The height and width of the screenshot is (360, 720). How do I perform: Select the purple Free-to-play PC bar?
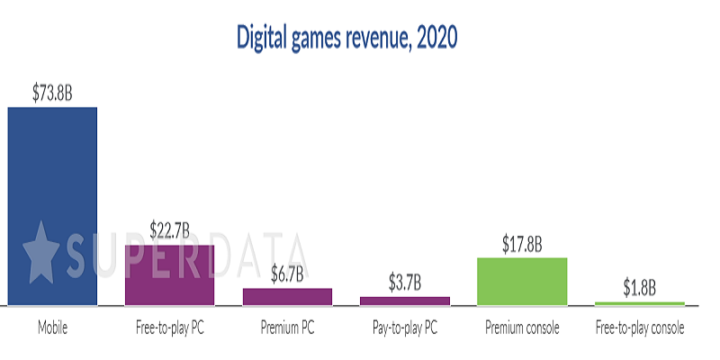[x=169, y=274]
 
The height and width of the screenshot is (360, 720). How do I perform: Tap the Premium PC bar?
[x=287, y=296]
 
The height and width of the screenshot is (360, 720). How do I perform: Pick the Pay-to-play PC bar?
[x=405, y=301]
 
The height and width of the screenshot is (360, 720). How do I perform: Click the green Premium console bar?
[x=522, y=281]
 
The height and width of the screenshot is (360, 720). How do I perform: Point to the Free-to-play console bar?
[x=640, y=303]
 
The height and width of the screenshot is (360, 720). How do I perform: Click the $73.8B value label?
[x=52, y=92]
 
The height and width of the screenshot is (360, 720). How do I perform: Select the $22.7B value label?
[x=169, y=229]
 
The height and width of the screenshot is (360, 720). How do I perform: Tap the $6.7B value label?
[x=287, y=274]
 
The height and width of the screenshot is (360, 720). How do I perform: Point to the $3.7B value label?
[x=405, y=283]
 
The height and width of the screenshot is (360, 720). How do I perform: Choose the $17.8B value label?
[x=522, y=243]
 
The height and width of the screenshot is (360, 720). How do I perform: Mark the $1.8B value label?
[x=640, y=288]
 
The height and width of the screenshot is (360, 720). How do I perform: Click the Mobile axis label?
[x=52, y=328]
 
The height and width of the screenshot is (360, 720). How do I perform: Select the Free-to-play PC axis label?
[x=169, y=328]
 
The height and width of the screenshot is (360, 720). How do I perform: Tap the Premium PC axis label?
[x=287, y=328]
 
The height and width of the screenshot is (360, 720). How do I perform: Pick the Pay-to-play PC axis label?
[x=405, y=328]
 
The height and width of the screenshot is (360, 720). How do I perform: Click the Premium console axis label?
[x=522, y=328]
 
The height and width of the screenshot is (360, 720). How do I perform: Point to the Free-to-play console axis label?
[x=640, y=328]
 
